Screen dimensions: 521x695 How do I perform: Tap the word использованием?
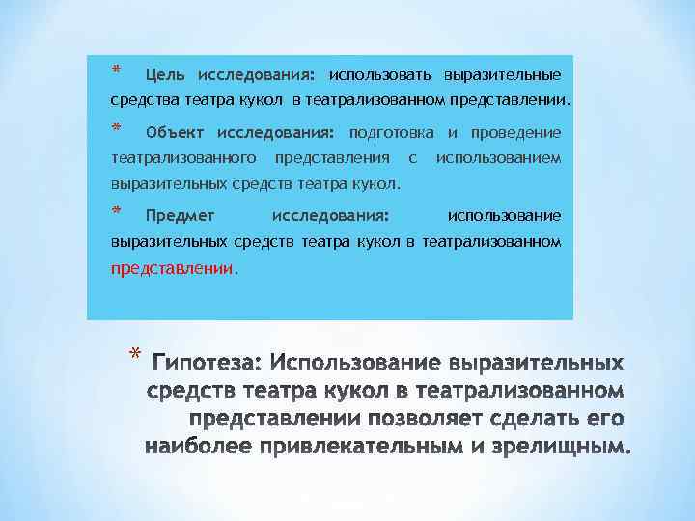(498, 156)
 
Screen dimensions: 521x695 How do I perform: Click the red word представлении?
(172, 270)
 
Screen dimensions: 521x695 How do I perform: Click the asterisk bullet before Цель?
(116, 70)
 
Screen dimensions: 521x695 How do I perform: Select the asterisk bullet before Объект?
(116, 128)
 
